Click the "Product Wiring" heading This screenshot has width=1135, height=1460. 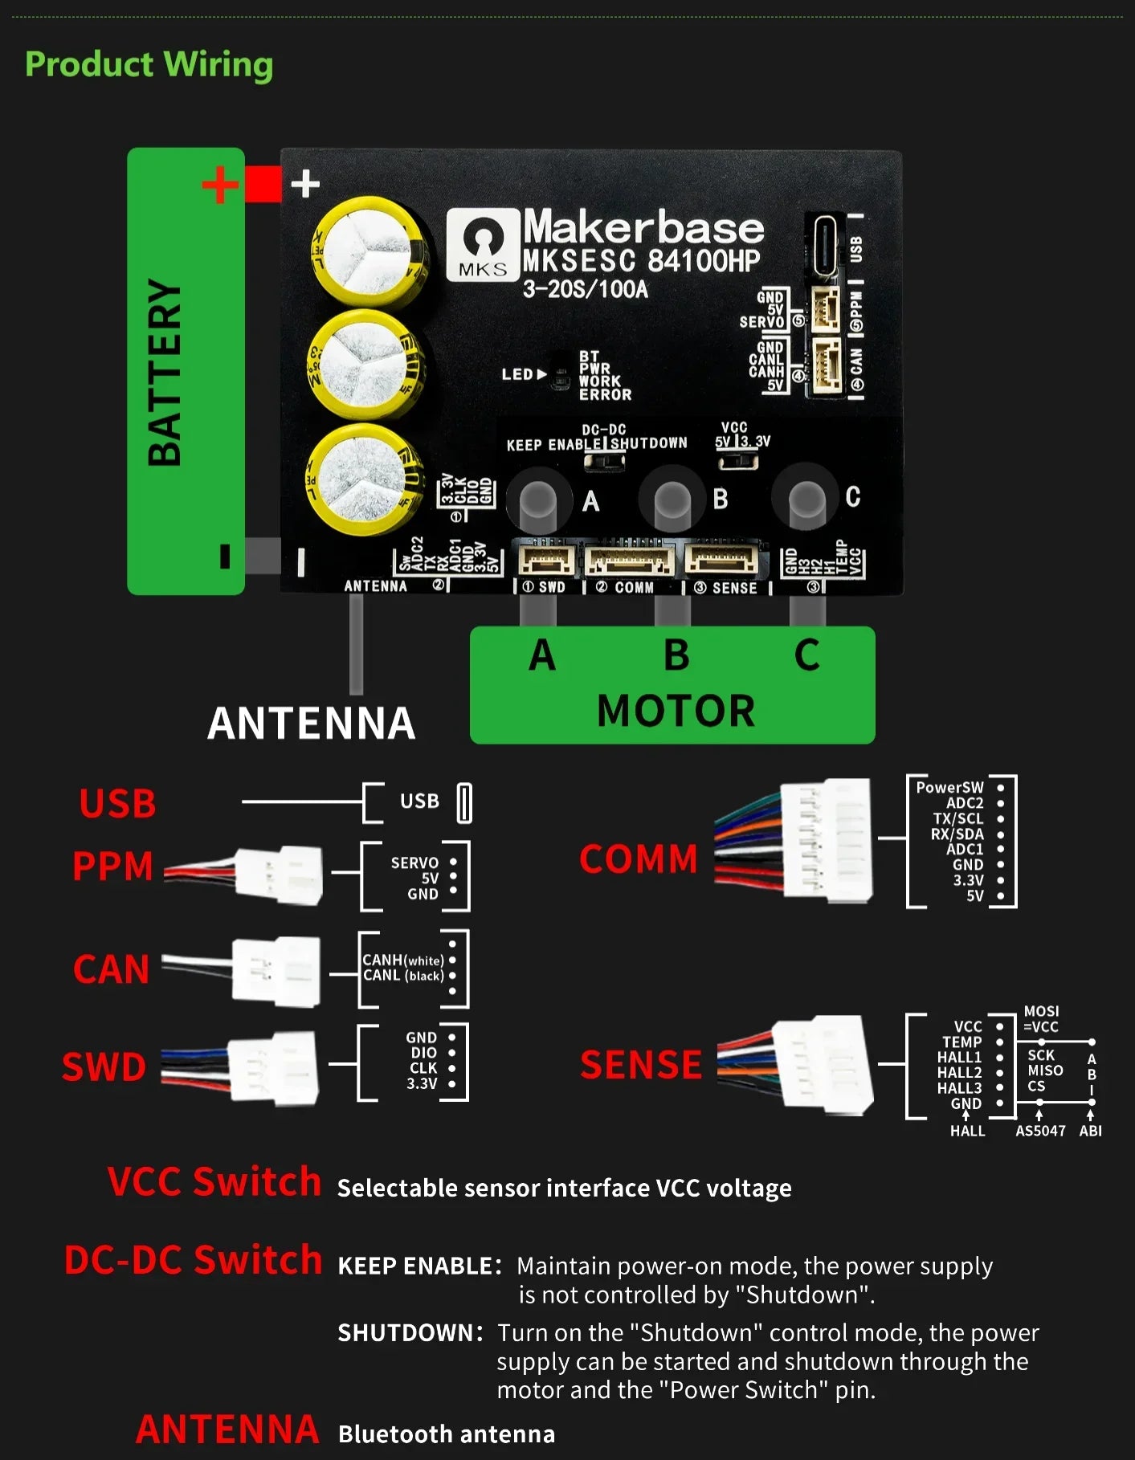coord(149,64)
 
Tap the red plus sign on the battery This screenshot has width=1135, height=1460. coord(219,186)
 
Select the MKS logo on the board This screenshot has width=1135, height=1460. coord(483,244)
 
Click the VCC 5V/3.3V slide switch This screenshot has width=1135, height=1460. coord(737,462)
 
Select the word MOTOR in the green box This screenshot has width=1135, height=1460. coord(676,711)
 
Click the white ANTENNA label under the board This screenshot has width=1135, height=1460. coord(311,723)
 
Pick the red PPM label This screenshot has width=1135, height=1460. coord(112,866)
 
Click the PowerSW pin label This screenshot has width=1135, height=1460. coord(949,787)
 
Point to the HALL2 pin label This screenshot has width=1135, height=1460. coord(959,1072)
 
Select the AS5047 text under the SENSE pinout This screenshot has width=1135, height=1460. coord(1040,1131)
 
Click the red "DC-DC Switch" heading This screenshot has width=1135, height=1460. coord(194,1259)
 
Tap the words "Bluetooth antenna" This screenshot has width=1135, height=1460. coord(447,1433)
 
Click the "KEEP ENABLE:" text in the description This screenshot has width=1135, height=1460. coord(419,1266)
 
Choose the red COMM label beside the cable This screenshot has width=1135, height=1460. coord(639,858)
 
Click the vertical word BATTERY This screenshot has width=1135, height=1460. coord(165,372)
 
